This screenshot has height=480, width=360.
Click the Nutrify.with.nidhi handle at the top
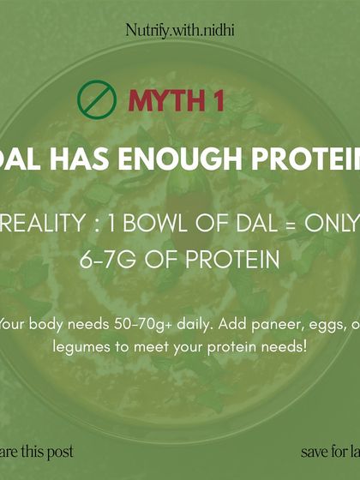(x=180, y=31)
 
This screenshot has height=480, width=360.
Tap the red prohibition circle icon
(x=97, y=99)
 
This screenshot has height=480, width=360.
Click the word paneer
(x=259, y=324)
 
